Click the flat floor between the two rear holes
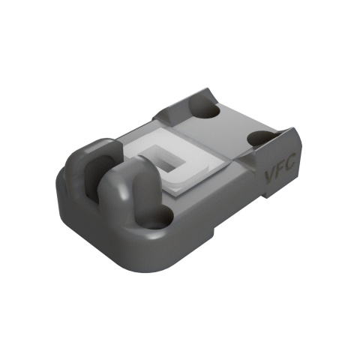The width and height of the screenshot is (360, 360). pos(232,127)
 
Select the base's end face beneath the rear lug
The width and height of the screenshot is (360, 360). pos(75,217)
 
